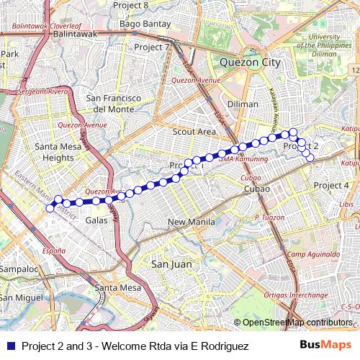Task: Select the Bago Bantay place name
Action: pos(141,24)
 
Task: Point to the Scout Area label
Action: pos(194,132)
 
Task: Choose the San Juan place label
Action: pos(171,264)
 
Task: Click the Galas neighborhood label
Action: pos(96,220)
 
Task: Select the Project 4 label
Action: pos(331,186)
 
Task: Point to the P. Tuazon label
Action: pos(270,217)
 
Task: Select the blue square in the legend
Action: pos(10,346)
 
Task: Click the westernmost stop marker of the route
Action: pos(50,208)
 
